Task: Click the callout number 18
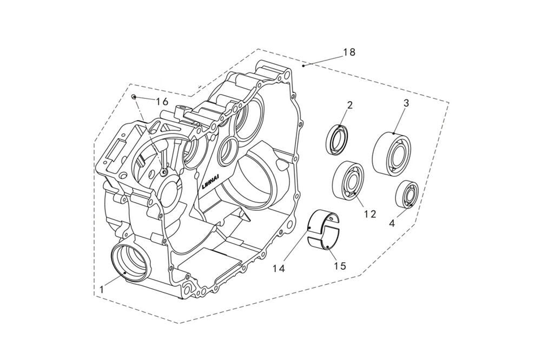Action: click(349, 52)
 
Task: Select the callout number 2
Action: click(349, 105)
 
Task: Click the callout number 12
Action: click(370, 214)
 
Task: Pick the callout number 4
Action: click(392, 222)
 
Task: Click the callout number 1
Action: click(102, 290)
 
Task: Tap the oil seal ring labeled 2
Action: click(339, 139)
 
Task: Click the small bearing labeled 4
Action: click(406, 194)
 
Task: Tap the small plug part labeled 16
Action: click(133, 97)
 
